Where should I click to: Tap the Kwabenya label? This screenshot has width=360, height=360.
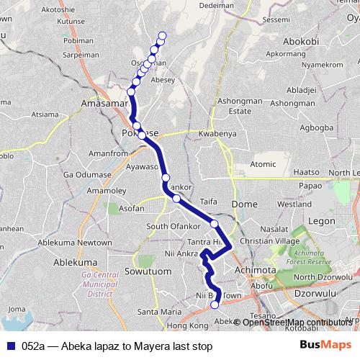click(217, 134)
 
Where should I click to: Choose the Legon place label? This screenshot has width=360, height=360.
click(320, 220)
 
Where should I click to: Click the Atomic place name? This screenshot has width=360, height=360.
click(263, 164)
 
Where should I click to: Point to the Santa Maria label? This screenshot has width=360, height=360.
click(159, 312)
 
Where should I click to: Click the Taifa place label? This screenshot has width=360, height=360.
click(208, 202)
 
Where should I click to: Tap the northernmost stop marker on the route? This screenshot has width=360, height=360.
click(162, 35)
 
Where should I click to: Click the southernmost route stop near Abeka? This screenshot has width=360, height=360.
click(215, 305)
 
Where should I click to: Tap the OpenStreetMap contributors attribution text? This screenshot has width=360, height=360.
click(296, 322)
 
